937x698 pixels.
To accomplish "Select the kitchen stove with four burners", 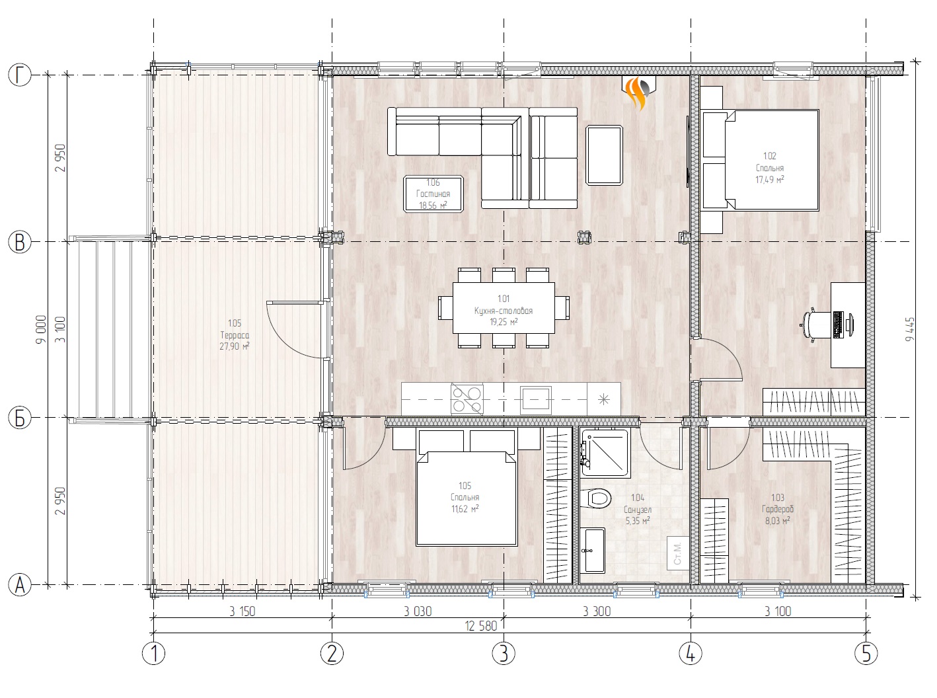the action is coord(467,399).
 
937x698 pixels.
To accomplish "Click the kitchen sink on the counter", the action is coord(536,399).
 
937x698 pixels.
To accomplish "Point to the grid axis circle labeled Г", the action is coord(20,75).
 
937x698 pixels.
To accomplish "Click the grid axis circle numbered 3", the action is coord(504,653).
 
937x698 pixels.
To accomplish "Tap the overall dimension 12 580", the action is coord(481,626).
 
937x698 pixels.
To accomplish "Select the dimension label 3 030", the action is coord(418,611).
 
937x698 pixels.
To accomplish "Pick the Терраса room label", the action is coord(235,335).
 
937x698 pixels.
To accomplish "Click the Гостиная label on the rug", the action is coord(433,194).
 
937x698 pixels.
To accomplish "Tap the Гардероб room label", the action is coord(777,509).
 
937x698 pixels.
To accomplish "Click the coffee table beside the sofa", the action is coord(604,155).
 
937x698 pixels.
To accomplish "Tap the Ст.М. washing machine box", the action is coord(677,553).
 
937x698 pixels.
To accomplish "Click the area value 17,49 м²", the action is coord(770,180).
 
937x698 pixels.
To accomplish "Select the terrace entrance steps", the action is coord(111,330).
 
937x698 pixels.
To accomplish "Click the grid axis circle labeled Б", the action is coord(20,418).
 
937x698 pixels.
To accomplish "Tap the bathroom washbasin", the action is coord(592,549).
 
